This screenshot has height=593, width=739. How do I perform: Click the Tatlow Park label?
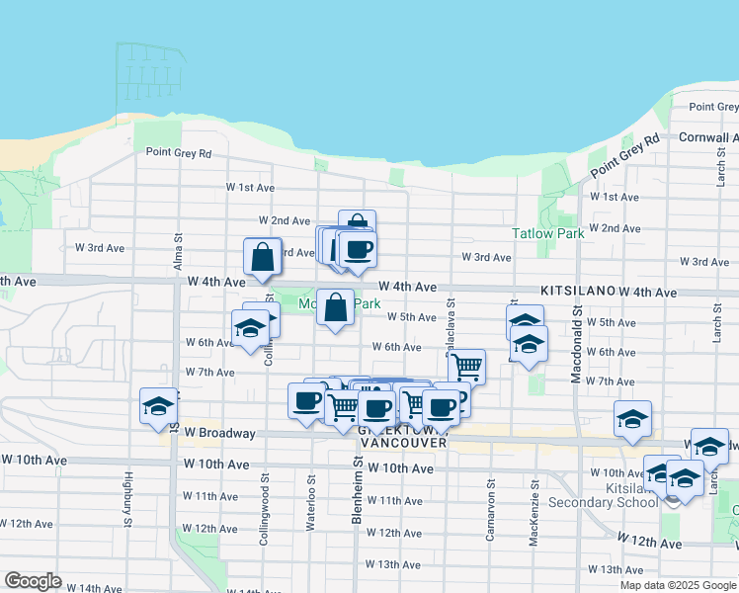pyautogui.click(x=547, y=233)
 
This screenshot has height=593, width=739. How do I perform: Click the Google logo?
pyautogui.click(x=33, y=581)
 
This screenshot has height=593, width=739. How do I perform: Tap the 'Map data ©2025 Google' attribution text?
pyautogui.click(x=679, y=585)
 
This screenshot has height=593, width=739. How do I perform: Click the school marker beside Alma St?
pyautogui.click(x=157, y=406)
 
